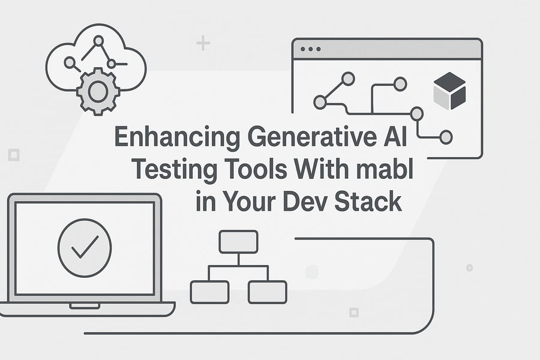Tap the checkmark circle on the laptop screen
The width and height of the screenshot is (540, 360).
pyautogui.click(x=85, y=248)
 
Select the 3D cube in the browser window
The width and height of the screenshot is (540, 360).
pyautogui.click(x=449, y=91)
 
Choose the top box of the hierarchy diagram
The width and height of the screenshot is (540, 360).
pyautogui.click(x=238, y=241)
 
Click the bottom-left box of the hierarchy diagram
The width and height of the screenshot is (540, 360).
pyautogui.click(x=209, y=292)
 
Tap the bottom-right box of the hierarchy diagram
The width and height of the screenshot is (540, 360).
pyautogui.click(x=267, y=292)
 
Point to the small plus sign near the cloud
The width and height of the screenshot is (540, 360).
pyautogui.click(x=203, y=43)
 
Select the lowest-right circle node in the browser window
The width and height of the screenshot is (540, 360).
pyautogui.click(x=446, y=137)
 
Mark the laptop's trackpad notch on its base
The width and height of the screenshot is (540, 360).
pyautogui.click(x=85, y=306)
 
